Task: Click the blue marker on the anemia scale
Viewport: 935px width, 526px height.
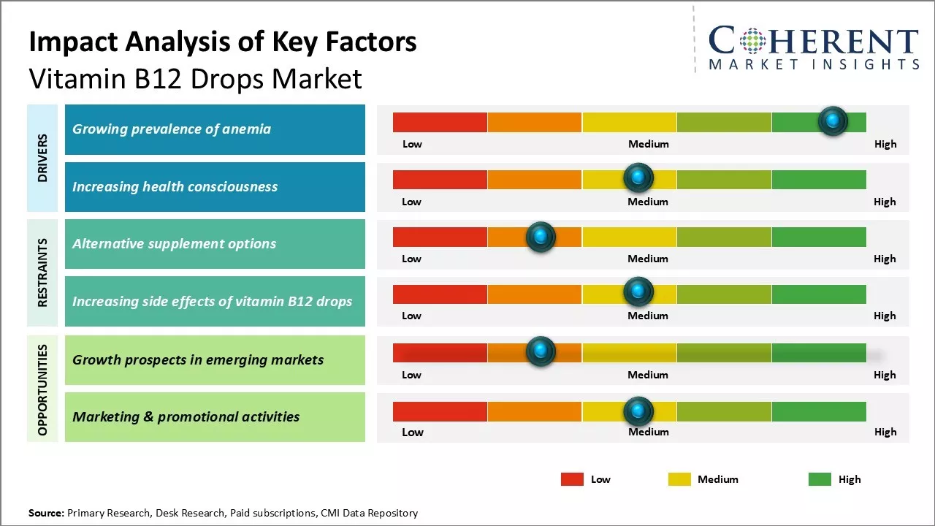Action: click(833, 121)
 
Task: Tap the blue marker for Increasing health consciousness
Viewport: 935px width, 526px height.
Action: click(638, 178)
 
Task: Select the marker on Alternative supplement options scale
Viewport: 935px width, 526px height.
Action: click(541, 236)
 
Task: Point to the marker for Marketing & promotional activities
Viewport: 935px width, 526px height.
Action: click(638, 411)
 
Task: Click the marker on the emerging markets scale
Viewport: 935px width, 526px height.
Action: click(541, 351)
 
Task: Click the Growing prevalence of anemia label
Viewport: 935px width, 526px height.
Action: click(172, 129)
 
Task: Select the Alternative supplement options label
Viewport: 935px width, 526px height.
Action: click(174, 244)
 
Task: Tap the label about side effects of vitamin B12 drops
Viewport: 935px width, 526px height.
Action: click(212, 301)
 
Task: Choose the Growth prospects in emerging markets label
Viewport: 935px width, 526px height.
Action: click(197, 359)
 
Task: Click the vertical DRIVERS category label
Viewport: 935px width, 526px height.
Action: click(42, 158)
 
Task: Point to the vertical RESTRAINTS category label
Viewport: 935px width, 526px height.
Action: click(42, 272)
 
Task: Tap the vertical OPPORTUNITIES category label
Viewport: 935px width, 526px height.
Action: click(42, 389)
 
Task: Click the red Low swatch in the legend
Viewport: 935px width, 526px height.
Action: click(572, 479)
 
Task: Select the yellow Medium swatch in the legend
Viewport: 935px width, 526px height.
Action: click(679, 479)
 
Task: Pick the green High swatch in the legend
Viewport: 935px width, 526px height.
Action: click(820, 479)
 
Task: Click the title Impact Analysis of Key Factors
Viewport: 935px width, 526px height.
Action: click(223, 42)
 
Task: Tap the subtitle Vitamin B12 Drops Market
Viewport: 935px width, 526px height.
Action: click(195, 78)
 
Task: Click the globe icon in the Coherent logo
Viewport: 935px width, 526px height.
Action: click(752, 41)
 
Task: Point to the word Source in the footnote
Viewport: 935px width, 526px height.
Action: click(46, 513)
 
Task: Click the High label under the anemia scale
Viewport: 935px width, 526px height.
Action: click(885, 144)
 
